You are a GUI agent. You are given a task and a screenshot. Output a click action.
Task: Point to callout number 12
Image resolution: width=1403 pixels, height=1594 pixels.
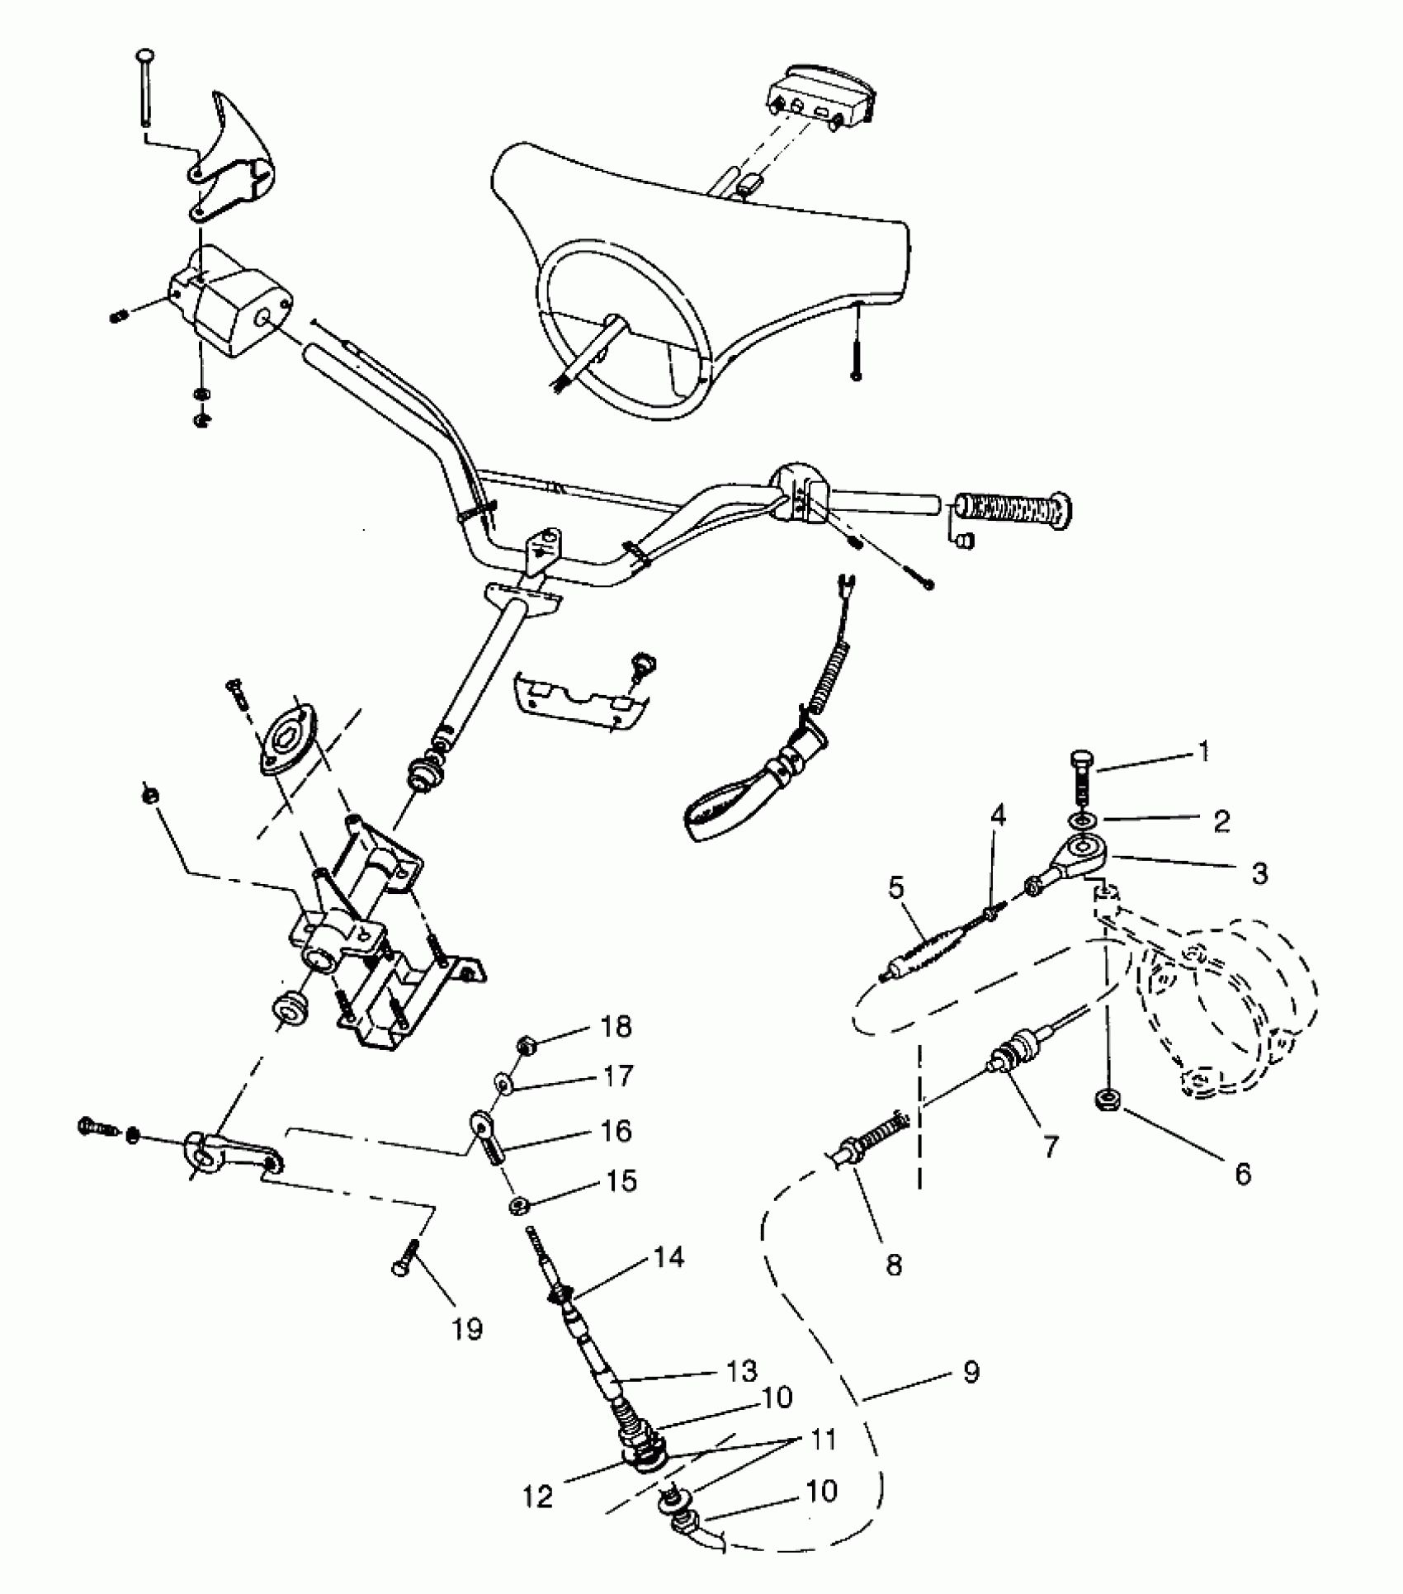click(538, 1496)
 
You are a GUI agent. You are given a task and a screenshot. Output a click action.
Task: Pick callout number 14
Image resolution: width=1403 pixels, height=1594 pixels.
click(668, 1257)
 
